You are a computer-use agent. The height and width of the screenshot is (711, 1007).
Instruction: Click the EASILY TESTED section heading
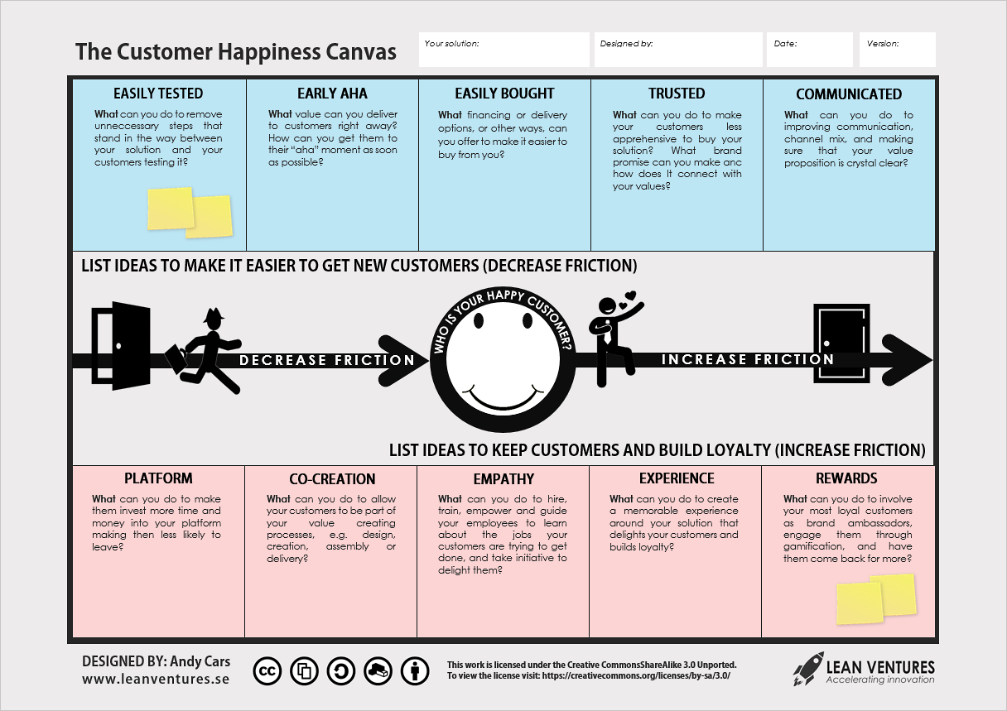pos(158,94)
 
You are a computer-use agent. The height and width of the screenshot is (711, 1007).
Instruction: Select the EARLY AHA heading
pos(332,94)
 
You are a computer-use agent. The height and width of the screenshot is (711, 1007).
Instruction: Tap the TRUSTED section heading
pos(677,94)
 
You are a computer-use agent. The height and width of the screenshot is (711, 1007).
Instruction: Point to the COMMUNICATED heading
pos(849,94)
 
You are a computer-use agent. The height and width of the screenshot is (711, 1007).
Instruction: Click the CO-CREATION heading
pos(332,479)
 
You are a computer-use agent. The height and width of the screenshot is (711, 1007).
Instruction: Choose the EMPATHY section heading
pos(503,479)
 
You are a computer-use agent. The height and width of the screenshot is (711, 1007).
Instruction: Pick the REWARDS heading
pos(846,478)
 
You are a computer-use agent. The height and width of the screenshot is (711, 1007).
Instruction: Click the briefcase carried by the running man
pos(176,359)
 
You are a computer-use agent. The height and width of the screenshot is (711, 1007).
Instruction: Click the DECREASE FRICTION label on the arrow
pos(327,360)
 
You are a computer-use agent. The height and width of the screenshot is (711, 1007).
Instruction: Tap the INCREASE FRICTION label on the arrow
pos(747,359)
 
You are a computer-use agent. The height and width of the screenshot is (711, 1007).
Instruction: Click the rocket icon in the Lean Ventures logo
pos(807,668)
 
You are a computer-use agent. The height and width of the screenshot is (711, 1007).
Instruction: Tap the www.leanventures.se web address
pos(156,680)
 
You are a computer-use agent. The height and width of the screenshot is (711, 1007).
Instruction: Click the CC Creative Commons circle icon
pos(267,672)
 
